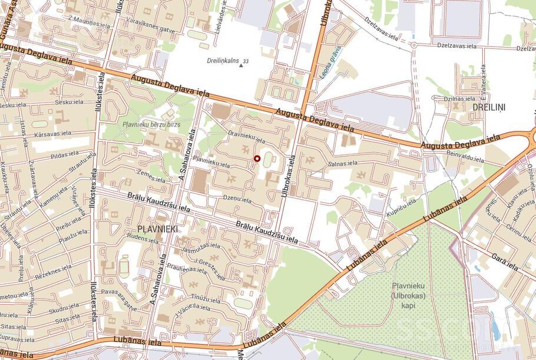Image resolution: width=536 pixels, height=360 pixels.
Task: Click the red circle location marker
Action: (256, 158)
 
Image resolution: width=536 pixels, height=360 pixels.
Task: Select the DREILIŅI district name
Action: (488, 107)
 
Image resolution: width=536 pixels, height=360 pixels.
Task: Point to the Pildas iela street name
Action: (65, 156)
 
